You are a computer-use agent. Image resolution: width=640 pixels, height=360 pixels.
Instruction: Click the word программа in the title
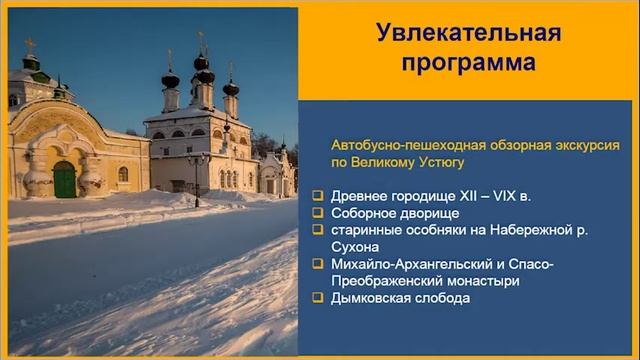[x=468, y=63]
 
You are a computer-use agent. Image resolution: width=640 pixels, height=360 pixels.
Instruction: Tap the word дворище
[x=431, y=213]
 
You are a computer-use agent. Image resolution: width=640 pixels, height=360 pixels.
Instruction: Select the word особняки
[x=434, y=230]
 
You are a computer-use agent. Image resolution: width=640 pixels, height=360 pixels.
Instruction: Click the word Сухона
[x=354, y=247]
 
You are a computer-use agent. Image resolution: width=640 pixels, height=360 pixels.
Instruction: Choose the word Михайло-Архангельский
[x=406, y=264]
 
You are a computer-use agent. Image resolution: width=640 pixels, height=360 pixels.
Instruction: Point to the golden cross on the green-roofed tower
[x=29, y=45]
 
